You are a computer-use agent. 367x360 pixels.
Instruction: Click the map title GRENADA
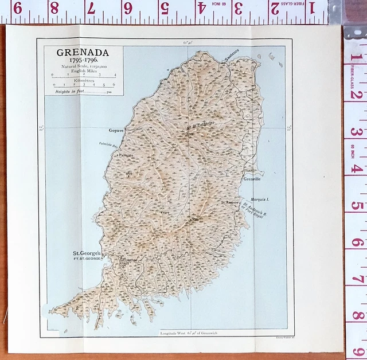tap(82, 52)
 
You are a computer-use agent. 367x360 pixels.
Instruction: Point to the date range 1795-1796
tap(82, 60)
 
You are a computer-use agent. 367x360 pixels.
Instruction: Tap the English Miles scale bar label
tap(82, 71)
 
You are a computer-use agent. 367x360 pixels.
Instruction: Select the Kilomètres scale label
tap(82, 81)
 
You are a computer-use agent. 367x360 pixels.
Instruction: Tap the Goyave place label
tap(117, 131)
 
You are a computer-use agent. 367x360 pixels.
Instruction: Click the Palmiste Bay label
tap(108, 144)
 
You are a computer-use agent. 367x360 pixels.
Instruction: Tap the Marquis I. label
tap(260, 199)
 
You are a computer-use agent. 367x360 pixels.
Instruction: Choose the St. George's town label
tap(86, 253)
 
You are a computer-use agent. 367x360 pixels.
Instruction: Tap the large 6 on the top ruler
tap(127, 8)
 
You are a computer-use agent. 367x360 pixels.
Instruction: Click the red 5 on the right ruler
tap(356, 206)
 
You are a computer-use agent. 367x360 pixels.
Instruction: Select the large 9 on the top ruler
tap(17, 8)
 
